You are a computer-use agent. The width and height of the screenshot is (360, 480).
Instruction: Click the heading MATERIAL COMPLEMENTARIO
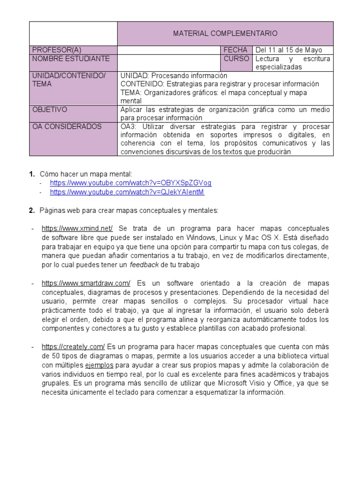[225, 33]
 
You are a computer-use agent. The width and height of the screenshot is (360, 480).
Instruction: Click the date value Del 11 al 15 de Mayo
[288, 50]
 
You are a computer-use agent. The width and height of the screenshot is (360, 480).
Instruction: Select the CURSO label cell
[236, 59]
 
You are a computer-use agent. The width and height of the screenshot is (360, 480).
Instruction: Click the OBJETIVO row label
[50, 110]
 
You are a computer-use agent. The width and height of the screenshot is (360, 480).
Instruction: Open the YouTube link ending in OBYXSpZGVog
[127, 183]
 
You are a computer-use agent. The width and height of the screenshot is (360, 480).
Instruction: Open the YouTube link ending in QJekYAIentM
[127, 192]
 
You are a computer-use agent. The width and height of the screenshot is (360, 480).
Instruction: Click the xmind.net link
[77, 228]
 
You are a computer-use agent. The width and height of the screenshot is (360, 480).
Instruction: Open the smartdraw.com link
[86, 283]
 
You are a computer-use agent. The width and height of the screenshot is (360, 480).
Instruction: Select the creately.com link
[73, 347]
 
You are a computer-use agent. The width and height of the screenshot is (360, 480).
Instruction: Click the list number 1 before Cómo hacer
[31, 174]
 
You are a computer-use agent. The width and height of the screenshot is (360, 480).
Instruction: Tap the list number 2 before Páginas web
[31, 210]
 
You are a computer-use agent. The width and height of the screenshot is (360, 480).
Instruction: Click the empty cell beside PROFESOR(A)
[168, 50]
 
